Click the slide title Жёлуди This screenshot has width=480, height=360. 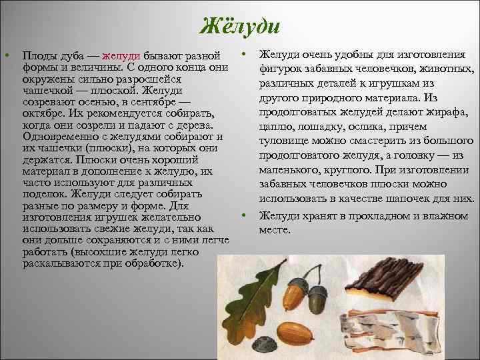point(239,27)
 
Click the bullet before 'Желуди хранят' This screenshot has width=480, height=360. point(245,215)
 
